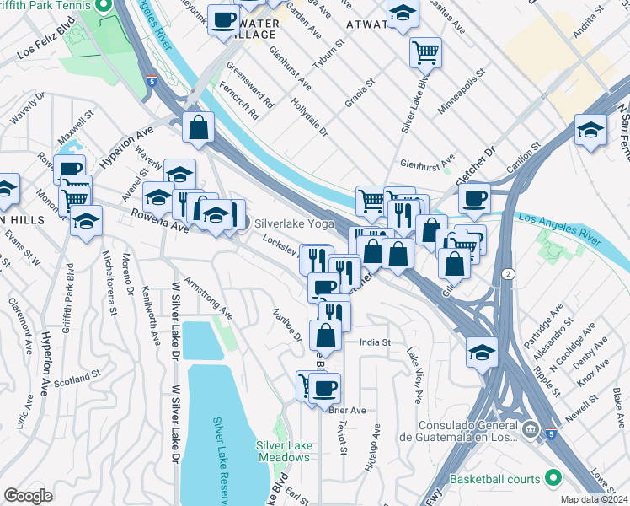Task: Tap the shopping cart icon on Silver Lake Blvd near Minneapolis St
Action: pyautogui.click(x=426, y=52)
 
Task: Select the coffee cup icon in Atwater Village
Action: pyautogui.click(x=223, y=19)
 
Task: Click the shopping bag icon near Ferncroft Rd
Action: pyautogui.click(x=198, y=127)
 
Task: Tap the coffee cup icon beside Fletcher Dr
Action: pyautogui.click(x=475, y=198)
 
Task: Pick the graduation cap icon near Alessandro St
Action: pyautogui.click(x=482, y=351)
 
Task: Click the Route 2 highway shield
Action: pyautogui.click(x=508, y=275)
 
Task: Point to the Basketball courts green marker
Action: pyautogui.click(x=553, y=479)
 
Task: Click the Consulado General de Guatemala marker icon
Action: pyautogui.click(x=531, y=430)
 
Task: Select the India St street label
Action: pyautogui.click(x=375, y=342)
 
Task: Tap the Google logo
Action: pyautogui.click(x=28, y=496)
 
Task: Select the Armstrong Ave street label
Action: pyautogui.click(x=208, y=297)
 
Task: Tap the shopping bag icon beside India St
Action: pyautogui.click(x=325, y=334)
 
